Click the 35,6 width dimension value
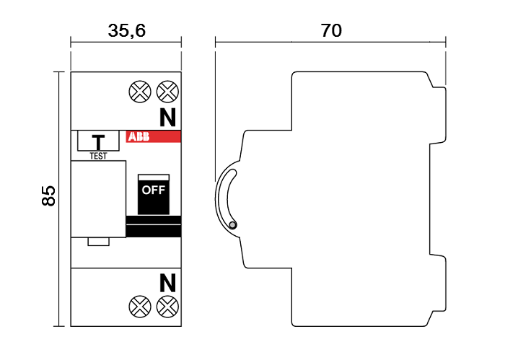click(126, 31)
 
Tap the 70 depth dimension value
click(331, 30)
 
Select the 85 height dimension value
click(48, 196)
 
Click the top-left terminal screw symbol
click(140, 92)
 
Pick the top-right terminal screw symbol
click(167, 92)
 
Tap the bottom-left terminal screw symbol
click(140, 307)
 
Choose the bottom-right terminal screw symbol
click(167, 307)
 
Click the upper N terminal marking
click(168, 117)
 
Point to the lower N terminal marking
click(168, 283)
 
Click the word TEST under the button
click(98, 156)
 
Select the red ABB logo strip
click(153, 136)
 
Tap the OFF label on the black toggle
click(154, 190)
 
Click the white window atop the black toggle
click(154, 177)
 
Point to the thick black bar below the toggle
click(153, 227)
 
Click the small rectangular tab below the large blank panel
click(99, 242)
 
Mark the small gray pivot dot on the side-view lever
click(232, 225)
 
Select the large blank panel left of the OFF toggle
click(98, 199)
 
